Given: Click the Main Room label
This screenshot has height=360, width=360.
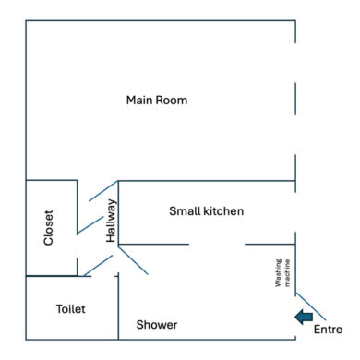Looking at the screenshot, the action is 157,101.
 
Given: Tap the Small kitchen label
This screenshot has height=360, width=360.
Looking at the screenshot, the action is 207,211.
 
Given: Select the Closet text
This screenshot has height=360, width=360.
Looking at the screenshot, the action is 49,228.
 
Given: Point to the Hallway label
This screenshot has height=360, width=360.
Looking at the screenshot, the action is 111,221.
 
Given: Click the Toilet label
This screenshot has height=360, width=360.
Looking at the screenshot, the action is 71,309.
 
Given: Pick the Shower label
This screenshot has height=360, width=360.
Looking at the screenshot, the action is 157,325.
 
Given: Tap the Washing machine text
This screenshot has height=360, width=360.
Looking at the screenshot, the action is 282,273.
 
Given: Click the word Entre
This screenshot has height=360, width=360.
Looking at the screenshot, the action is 328,330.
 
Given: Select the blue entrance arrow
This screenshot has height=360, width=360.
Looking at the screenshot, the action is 304,317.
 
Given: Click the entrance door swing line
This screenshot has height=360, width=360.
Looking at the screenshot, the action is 311,306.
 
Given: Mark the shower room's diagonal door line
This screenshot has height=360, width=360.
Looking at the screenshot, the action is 133,259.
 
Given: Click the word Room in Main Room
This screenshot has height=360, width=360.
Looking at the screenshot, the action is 172,101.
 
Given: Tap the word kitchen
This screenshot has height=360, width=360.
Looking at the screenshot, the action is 223,211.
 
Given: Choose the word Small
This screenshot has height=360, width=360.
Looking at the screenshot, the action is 185,211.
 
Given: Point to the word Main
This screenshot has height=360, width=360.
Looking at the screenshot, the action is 139,101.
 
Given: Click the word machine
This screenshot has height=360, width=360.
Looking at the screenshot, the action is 287,273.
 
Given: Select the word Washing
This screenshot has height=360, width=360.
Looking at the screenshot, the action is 278,273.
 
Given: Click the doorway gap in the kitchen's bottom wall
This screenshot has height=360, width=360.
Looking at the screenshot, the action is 217,245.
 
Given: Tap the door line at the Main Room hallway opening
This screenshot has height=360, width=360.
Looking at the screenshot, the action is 103,191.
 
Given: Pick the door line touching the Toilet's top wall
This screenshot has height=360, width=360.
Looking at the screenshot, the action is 98,265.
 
